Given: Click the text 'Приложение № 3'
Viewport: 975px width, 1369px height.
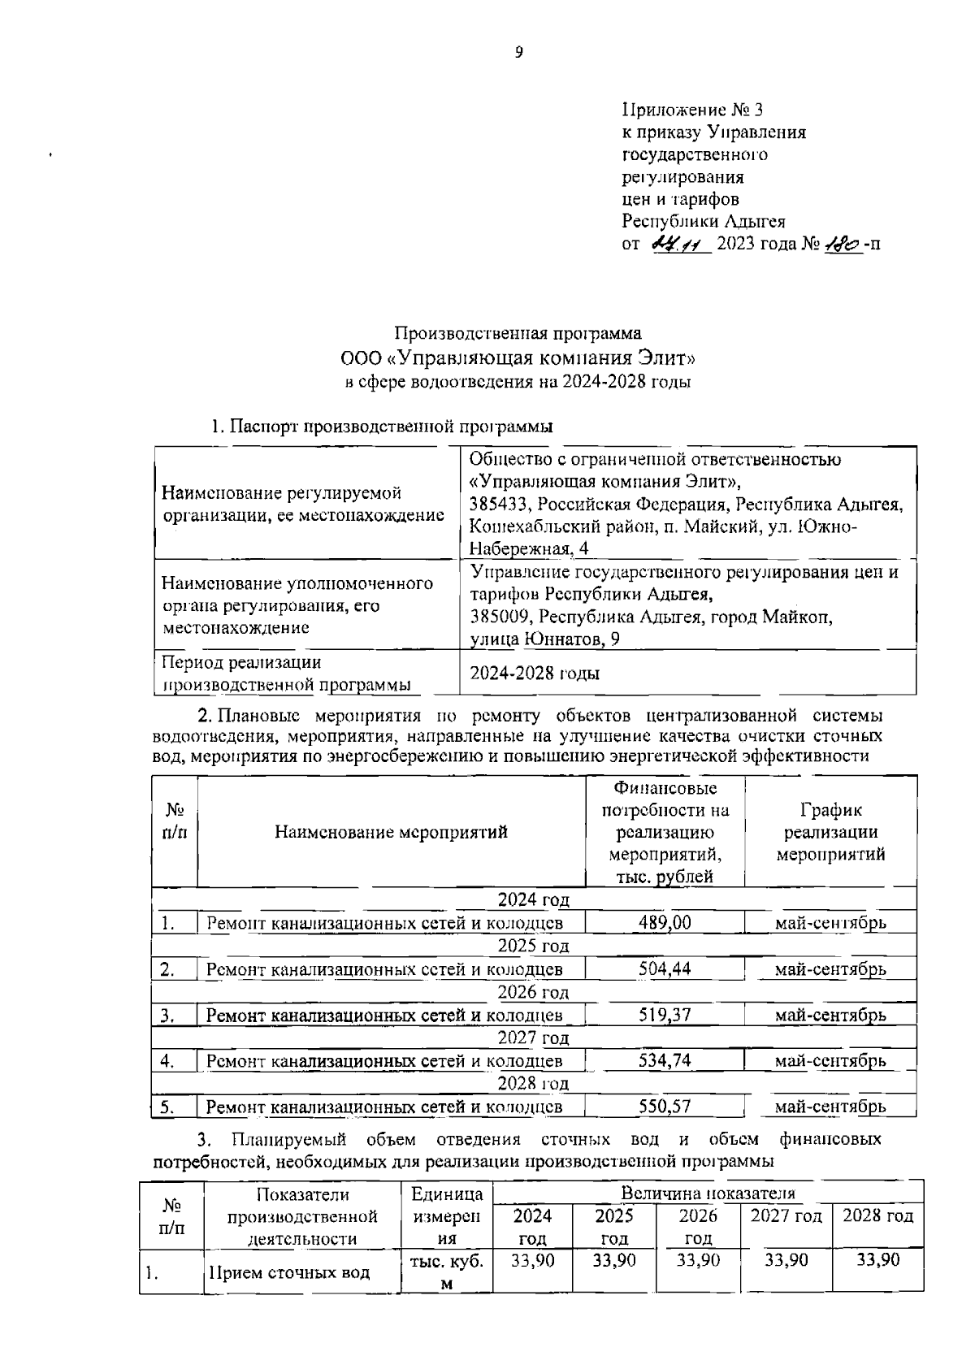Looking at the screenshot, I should point(692,109).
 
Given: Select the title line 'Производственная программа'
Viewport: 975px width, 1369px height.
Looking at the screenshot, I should point(518,333).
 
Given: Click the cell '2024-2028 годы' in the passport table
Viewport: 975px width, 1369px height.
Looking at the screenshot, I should point(535,674).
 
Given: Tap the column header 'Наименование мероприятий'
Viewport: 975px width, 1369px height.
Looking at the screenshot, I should point(391,832).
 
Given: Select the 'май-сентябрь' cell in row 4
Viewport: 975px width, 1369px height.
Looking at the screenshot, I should point(830,1060).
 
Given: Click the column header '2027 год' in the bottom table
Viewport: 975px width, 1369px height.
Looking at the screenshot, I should point(786,1216).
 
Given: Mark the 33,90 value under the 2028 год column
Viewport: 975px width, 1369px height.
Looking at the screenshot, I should point(878,1260).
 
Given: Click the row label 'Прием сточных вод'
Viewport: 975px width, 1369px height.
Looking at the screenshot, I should point(290,1272).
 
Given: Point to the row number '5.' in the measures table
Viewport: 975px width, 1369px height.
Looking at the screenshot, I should point(168,1107).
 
